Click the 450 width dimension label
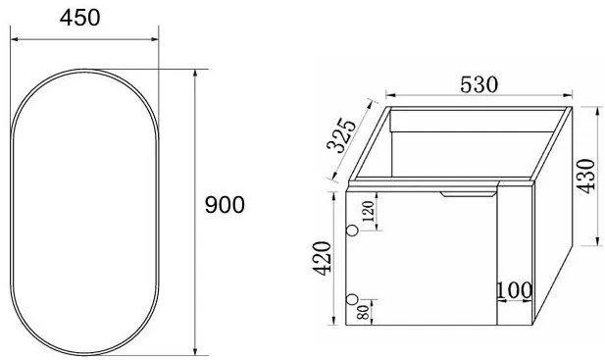coord(79,18)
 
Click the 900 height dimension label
coord(225,204)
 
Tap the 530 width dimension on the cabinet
coord(479,84)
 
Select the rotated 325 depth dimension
coord(341,135)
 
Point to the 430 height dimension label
coord(586,176)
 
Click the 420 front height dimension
coord(323,258)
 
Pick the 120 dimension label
coord(368,211)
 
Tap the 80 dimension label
coord(363,312)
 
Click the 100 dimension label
coord(514,290)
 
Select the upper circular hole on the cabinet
coord(352,231)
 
